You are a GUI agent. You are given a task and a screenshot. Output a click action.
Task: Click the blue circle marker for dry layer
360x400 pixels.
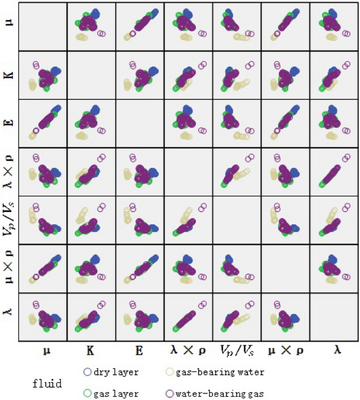pos(88,372)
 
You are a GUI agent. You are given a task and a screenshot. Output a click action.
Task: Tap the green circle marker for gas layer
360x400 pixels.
pos(88,391)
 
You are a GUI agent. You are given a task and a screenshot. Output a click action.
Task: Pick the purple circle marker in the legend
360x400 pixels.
pos(169,391)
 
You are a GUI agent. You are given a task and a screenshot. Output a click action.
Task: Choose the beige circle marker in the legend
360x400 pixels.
pos(169,372)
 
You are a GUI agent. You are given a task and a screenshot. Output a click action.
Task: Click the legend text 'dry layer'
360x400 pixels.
pos(116,372)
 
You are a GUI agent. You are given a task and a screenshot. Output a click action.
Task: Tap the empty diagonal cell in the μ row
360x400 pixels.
pos(43,27)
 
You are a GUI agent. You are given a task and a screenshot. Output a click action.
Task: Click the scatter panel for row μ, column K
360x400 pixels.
pos(91,27)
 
